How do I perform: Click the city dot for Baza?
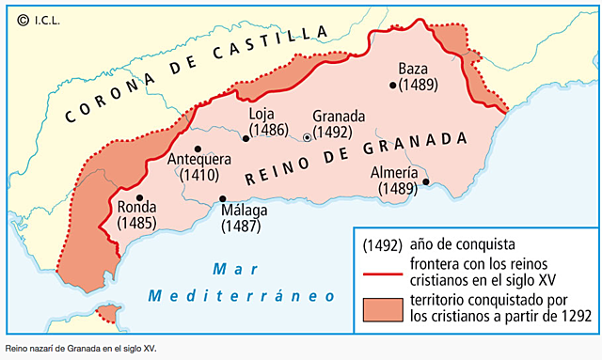393,85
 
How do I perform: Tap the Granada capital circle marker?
307,138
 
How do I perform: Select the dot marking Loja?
246,138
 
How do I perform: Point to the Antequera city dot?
198,149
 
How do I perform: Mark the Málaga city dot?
223,198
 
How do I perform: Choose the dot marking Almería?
426,182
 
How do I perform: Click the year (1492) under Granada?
332,132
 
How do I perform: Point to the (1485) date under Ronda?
137,224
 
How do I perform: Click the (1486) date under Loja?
268,131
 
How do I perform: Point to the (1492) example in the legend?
383,243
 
